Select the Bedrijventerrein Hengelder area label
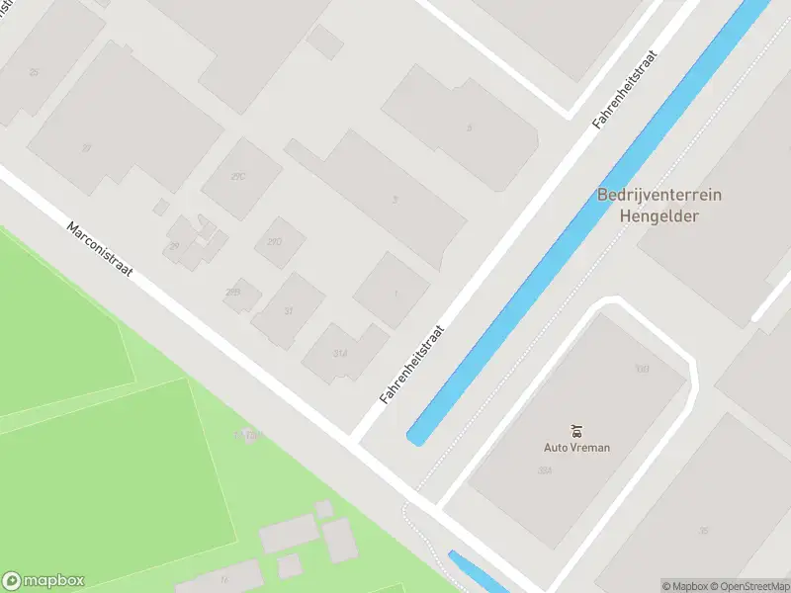tap(659, 205)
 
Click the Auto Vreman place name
tap(576, 447)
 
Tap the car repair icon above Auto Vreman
tap(576, 430)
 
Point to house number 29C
tap(237, 177)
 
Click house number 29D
tap(275, 242)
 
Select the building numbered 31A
tap(340, 353)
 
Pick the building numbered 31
tap(289, 310)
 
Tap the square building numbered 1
tap(395, 294)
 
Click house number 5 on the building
tap(470, 127)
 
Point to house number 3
tap(395, 199)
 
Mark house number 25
tap(35, 72)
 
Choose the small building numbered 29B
tap(233, 292)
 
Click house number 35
tap(703, 531)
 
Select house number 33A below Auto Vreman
tap(544, 470)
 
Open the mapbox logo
tap(44, 581)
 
